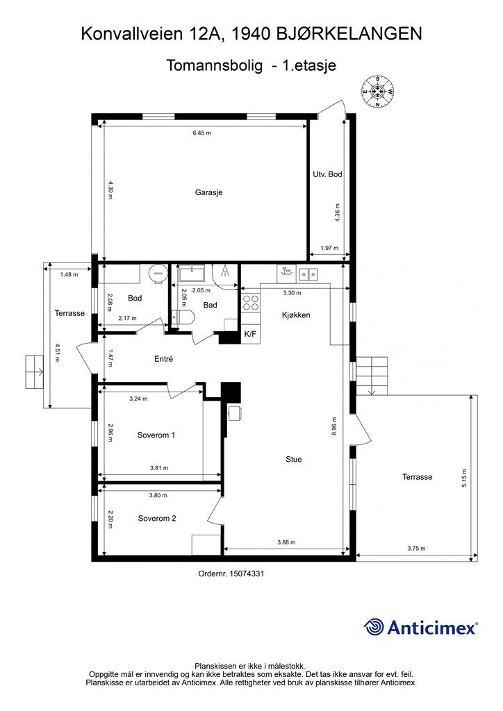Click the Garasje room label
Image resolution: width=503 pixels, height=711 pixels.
208,192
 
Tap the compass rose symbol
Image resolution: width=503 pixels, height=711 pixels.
377,91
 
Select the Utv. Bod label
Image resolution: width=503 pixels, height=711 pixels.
327,174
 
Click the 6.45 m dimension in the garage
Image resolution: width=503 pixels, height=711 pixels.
202,133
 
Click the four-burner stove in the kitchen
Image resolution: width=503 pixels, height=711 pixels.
251,303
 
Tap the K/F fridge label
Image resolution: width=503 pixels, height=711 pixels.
250,334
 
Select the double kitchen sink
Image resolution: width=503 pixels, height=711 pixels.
308,274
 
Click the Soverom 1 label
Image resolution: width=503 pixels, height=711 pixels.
156,435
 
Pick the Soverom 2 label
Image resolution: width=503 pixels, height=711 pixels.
157,518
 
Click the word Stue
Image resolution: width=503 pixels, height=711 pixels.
293,460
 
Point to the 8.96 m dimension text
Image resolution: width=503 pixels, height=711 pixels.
334,426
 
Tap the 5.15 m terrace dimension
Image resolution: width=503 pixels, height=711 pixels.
464,478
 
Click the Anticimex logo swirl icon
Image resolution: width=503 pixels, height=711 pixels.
373,628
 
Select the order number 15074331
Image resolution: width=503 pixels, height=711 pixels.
247,574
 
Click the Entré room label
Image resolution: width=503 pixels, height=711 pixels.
164,359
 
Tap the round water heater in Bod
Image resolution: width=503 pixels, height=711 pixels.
158,274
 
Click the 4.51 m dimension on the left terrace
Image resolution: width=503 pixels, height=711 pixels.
56,352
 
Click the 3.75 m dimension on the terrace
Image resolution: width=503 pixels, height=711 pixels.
416,549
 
